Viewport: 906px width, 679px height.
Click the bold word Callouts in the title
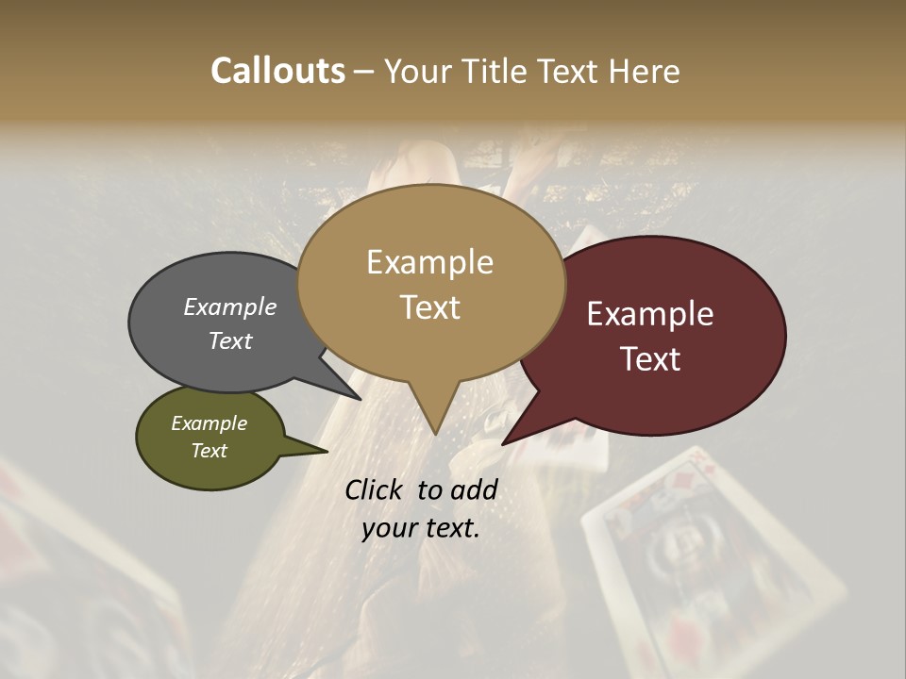(x=277, y=71)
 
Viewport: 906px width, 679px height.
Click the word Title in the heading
(x=498, y=71)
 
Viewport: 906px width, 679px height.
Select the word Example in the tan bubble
(x=429, y=262)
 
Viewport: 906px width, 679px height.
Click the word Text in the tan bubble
(x=430, y=307)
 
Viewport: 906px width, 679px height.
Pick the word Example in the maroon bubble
(x=650, y=314)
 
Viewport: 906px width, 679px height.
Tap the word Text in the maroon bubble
(x=651, y=359)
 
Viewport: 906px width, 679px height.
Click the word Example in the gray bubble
(x=229, y=307)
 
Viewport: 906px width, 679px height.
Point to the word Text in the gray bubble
(x=229, y=340)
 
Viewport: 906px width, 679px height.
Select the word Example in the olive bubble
(x=209, y=423)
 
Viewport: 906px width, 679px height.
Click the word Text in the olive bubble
(x=209, y=451)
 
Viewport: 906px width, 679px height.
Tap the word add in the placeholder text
(x=475, y=489)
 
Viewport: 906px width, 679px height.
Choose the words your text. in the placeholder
(x=420, y=528)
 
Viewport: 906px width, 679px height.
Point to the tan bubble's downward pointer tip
(x=435, y=434)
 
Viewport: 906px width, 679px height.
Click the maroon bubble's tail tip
(x=504, y=443)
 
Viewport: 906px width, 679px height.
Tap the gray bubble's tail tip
(x=360, y=399)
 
